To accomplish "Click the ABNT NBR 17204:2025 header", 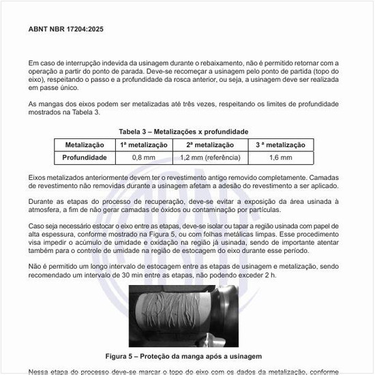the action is point(66,30).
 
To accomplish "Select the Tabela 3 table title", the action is point(183,131).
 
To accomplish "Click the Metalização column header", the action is point(85,145).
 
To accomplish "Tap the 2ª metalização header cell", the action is point(209,145).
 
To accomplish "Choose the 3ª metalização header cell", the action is point(280,145).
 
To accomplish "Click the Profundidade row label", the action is point(85,157).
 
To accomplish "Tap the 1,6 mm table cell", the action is point(280,157).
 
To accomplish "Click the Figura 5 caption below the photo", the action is point(184,356).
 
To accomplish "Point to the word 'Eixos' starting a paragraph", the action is point(38,177).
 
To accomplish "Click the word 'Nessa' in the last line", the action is point(40,372).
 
